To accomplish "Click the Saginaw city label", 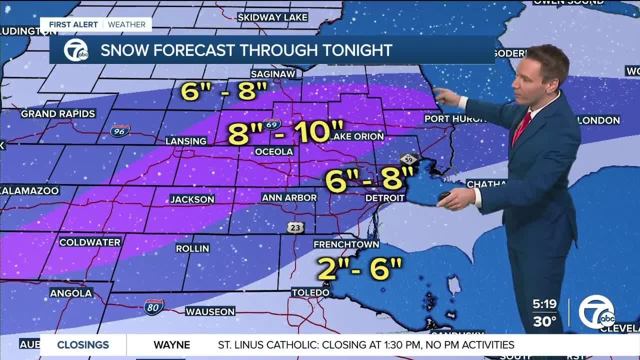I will pos(273,73).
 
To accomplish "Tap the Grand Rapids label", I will pos(58,113).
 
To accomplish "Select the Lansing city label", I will pos(186,141).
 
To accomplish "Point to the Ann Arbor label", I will pos(289,197).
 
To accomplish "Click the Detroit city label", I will pos(385,198).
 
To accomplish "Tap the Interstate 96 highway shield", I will pos(120,131).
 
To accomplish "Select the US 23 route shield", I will pos(295,227).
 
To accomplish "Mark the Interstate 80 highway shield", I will pos(153,307).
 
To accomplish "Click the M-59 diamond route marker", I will pos(408,160).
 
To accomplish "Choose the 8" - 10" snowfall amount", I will pos(286,132).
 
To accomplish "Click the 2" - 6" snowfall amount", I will pos(359,269).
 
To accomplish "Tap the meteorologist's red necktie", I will pos(521,128).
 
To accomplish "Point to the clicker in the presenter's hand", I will pos(445,197).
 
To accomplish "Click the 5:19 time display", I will pos(545,303).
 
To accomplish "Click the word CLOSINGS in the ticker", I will pos(83,344).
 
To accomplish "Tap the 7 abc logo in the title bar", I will pos(75,50).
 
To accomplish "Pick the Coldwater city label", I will pos(90,242).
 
